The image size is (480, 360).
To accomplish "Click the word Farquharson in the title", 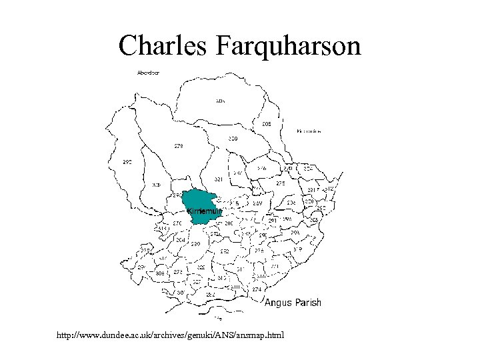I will pos(288,46).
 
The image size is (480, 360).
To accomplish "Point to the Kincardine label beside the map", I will pos(309,131).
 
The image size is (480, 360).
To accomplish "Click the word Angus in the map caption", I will pos(279,303).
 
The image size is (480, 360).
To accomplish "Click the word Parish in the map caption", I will pos(308,303).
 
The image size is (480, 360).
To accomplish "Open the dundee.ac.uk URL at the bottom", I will pos(171,334).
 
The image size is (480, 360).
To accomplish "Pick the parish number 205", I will pos(266,124).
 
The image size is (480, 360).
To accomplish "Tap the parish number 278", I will pos(179,145).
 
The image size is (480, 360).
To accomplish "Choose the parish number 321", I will pos(219,180).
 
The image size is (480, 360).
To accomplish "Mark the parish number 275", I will pos(281,183).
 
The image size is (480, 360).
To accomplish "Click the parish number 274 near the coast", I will pos(257,290).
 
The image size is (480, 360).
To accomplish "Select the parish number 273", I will pos(178,272).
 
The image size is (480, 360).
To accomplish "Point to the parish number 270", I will pos(178,223).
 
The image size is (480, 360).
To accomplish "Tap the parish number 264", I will pos(181,239).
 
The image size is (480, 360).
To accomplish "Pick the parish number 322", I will pos(201,267).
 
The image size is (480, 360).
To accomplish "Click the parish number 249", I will pos(257,203).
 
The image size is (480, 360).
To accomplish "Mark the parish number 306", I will pos(159,273).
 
